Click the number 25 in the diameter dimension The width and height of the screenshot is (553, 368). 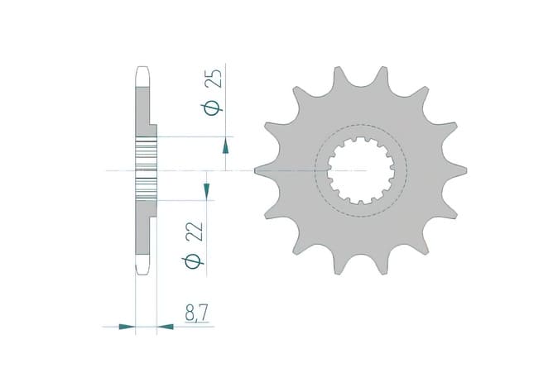coord(213,80)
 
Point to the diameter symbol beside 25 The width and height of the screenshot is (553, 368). coord(213,108)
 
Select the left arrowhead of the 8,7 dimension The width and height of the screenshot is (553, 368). coord(126,327)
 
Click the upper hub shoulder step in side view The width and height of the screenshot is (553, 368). coord(152,131)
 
